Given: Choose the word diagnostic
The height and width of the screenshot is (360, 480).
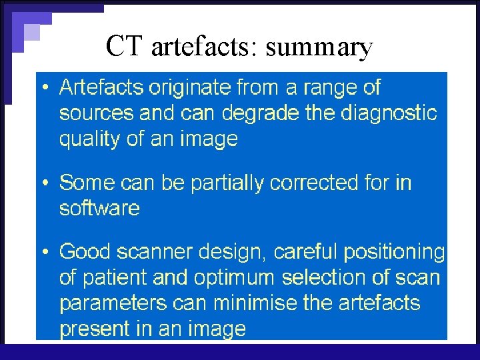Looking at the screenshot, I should [389, 113].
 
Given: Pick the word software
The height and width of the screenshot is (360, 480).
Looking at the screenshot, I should [99, 208].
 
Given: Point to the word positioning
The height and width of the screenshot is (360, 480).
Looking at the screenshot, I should [394, 251].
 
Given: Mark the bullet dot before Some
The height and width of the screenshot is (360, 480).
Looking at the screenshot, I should [44, 183].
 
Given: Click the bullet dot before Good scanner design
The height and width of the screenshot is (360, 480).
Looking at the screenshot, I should [44, 252].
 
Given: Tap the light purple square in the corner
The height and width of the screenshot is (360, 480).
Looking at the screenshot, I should [31, 31].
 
